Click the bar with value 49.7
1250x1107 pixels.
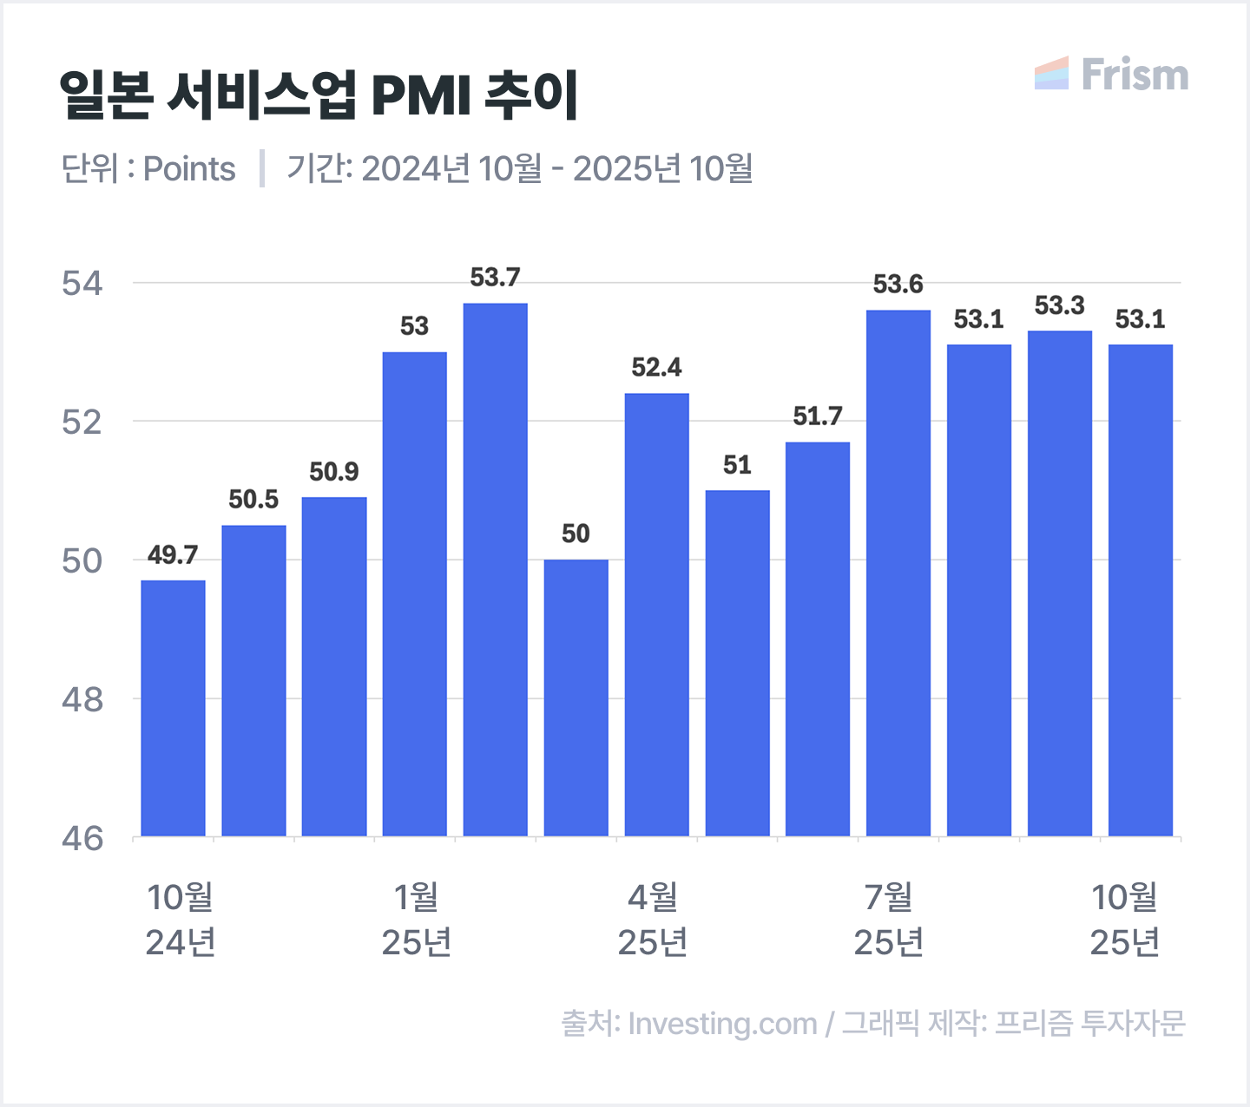point(173,708)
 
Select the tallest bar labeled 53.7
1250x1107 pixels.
point(495,569)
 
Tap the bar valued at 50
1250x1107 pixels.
point(576,698)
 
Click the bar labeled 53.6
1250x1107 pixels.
point(898,573)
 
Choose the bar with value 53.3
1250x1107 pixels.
point(1059,583)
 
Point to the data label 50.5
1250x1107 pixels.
point(253,500)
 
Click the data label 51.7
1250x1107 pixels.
point(818,416)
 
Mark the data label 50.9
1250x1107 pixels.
point(334,472)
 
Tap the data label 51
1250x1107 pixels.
point(737,465)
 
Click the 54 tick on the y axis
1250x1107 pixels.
point(82,284)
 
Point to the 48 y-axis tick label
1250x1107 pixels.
point(82,699)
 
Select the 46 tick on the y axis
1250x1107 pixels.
point(82,838)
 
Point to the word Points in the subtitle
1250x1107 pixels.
point(189,169)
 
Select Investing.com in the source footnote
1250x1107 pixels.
point(722,1024)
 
